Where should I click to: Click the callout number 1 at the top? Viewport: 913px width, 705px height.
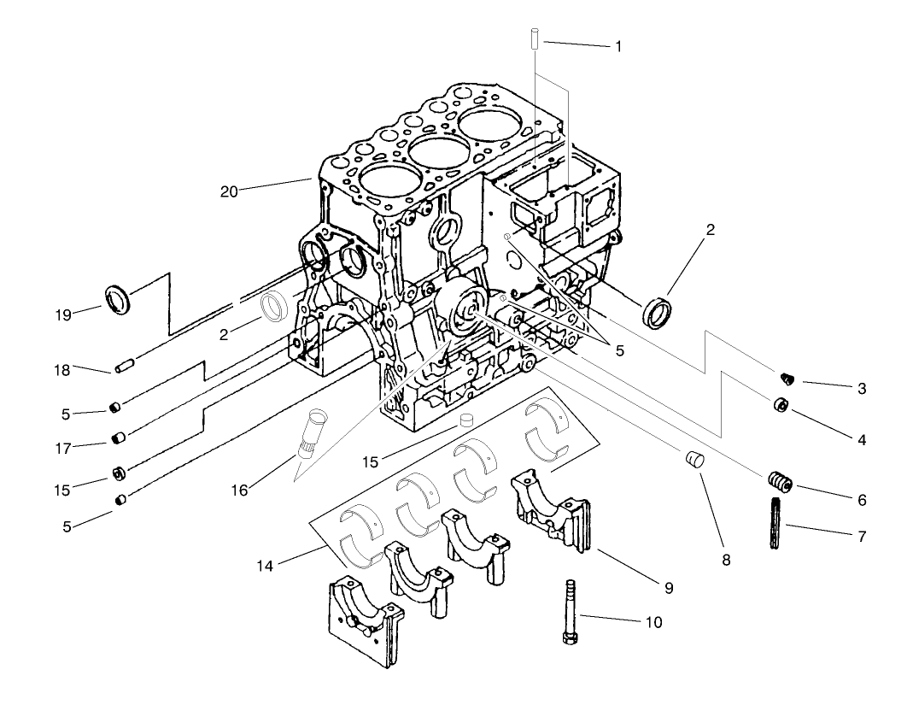[x=618, y=45]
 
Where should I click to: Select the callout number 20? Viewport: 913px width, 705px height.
[x=229, y=191]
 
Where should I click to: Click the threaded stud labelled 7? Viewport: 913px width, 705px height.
[x=776, y=524]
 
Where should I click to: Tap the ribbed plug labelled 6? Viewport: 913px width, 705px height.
[x=781, y=483]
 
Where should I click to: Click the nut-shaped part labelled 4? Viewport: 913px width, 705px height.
[x=781, y=405]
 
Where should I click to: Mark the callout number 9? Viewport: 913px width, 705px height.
[x=669, y=588]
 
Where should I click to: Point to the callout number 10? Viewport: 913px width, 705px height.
[x=654, y=621]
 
